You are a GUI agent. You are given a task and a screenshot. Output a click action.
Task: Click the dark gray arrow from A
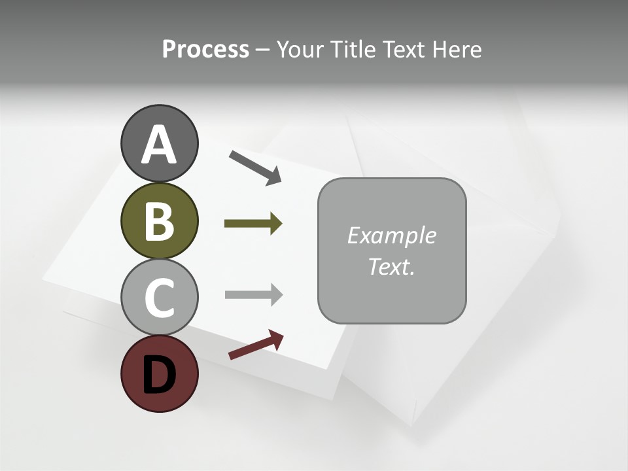click(255, 167)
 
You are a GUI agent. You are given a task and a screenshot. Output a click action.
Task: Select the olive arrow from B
click(253, 224)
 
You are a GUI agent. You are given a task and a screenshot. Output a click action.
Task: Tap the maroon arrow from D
click(256, 345)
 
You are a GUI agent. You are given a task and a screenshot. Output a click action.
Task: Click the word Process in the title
click(205, 50)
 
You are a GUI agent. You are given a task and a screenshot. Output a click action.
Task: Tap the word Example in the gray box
click(391, 235)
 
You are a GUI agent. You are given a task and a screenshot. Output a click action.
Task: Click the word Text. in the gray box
click(391, 267)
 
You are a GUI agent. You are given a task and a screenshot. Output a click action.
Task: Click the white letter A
click(159, 145)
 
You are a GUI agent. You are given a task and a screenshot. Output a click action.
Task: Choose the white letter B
click(159, 221)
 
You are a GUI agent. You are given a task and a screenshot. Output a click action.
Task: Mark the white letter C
click(159, 298)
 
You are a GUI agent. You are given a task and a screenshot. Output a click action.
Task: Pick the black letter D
click(159, 375)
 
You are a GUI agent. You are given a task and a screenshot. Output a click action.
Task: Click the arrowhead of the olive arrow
click(275, 224)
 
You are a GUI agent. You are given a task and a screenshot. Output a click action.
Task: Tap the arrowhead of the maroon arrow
click(276, 338)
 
